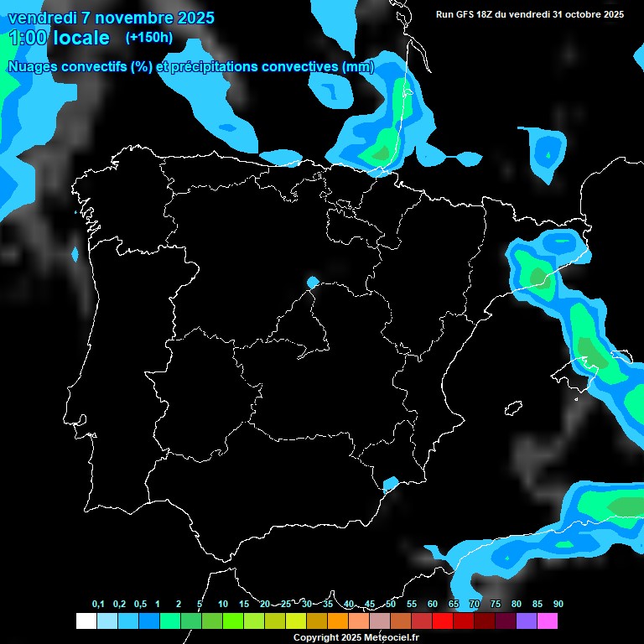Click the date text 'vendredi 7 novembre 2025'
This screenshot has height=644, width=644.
111,18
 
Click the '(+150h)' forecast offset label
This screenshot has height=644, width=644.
149,37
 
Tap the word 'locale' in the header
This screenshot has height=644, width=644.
81,38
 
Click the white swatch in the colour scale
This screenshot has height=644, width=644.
86,621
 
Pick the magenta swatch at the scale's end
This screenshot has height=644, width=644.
548,621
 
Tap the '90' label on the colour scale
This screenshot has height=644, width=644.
558,605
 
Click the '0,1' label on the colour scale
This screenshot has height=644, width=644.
98,605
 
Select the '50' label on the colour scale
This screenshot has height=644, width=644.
391,605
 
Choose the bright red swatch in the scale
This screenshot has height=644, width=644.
442,621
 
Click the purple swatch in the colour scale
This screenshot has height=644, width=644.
527,621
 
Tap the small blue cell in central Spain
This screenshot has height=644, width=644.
313,282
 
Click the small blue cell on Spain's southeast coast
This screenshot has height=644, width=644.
390,484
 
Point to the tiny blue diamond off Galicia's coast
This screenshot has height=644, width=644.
75,253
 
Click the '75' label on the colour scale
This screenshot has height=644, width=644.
495,605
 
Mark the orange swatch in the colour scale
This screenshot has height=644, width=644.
337,621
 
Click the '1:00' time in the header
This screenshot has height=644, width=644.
27,38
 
